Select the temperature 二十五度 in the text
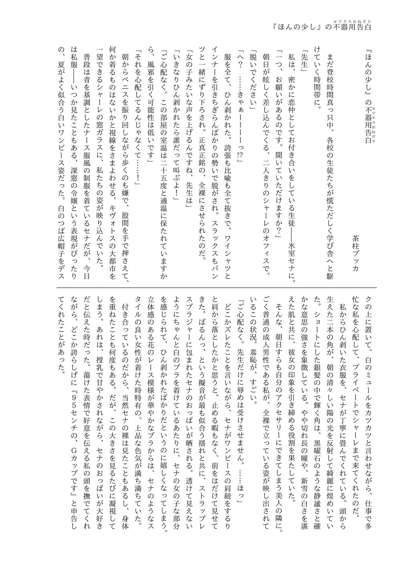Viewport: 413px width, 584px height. (164, 174)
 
